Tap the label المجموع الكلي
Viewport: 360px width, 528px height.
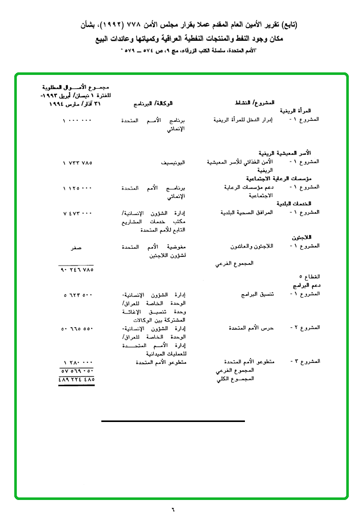coord(235,379)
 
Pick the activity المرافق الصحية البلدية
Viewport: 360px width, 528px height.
coord(246,213)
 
